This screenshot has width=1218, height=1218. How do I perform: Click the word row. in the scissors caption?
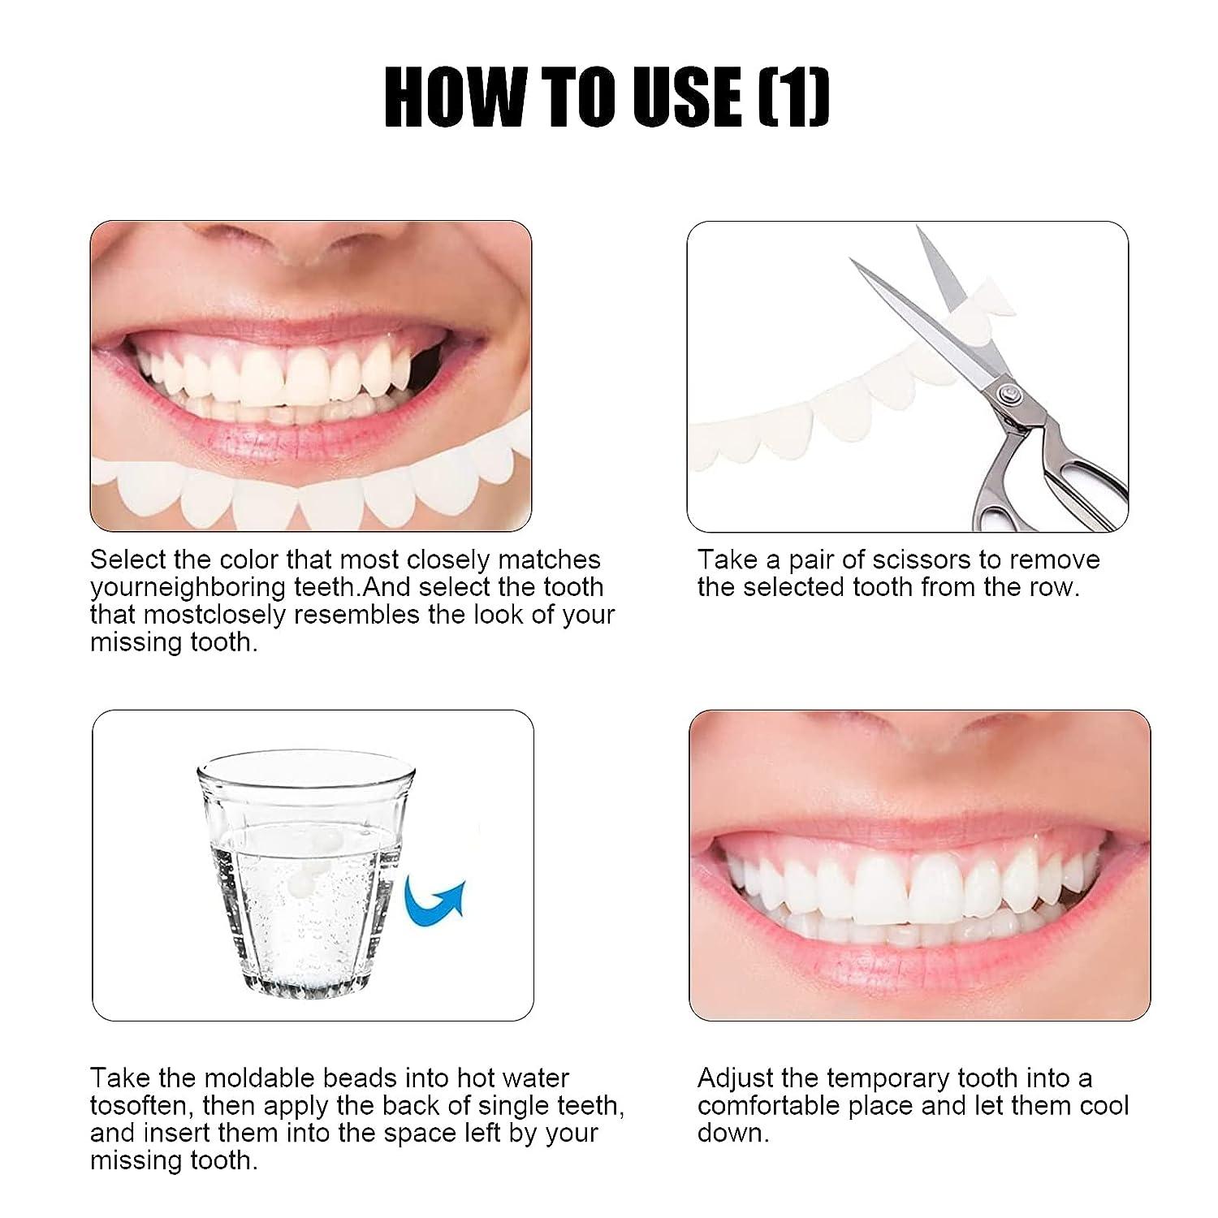1054,587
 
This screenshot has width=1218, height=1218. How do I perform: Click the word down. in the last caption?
732,1134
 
